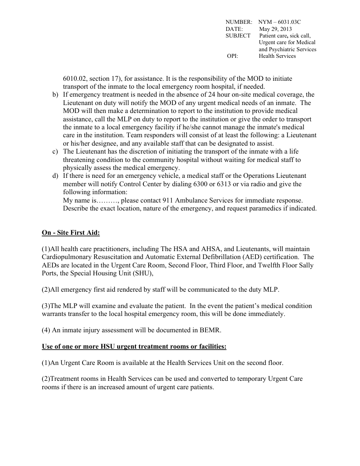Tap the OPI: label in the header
[232, 56]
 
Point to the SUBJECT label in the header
[238, 35]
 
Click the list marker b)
[55, 94]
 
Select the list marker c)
[55, 152]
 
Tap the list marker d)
[55, 176]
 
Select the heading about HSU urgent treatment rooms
[134, 346]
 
